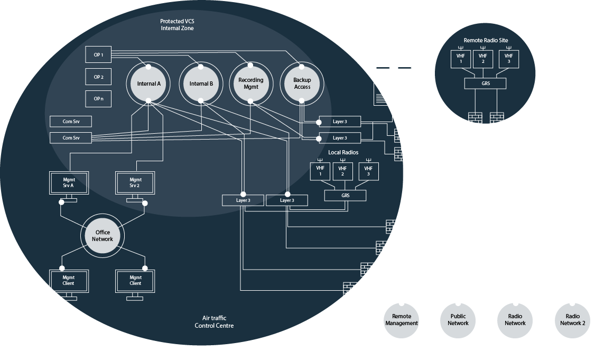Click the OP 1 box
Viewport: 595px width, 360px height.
point(98,54)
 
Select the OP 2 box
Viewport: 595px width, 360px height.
point(98,77)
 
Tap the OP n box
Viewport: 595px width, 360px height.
point(98,99)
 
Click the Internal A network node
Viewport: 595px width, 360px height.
point(148,84)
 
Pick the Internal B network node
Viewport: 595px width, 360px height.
point(200,84)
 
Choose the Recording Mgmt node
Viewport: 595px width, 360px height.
point(251,84)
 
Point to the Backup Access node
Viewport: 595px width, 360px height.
point(302,84)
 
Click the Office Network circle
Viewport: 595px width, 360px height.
point(103,236)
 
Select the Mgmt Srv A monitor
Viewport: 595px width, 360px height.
point(69,183)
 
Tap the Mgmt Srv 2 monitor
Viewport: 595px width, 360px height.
point(135,183)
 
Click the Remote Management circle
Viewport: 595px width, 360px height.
point(402,320)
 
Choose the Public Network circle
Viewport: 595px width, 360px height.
point(458,320)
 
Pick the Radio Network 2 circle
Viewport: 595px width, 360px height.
point(572,320)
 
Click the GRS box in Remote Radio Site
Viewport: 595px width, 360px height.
point(485,83)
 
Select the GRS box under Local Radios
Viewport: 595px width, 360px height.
point(345,196)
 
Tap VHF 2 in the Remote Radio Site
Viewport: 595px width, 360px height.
point(482,59)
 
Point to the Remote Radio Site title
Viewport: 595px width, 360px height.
point(486,40)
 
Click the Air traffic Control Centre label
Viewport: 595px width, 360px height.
point(214,321)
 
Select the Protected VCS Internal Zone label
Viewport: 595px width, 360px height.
point(177,24)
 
